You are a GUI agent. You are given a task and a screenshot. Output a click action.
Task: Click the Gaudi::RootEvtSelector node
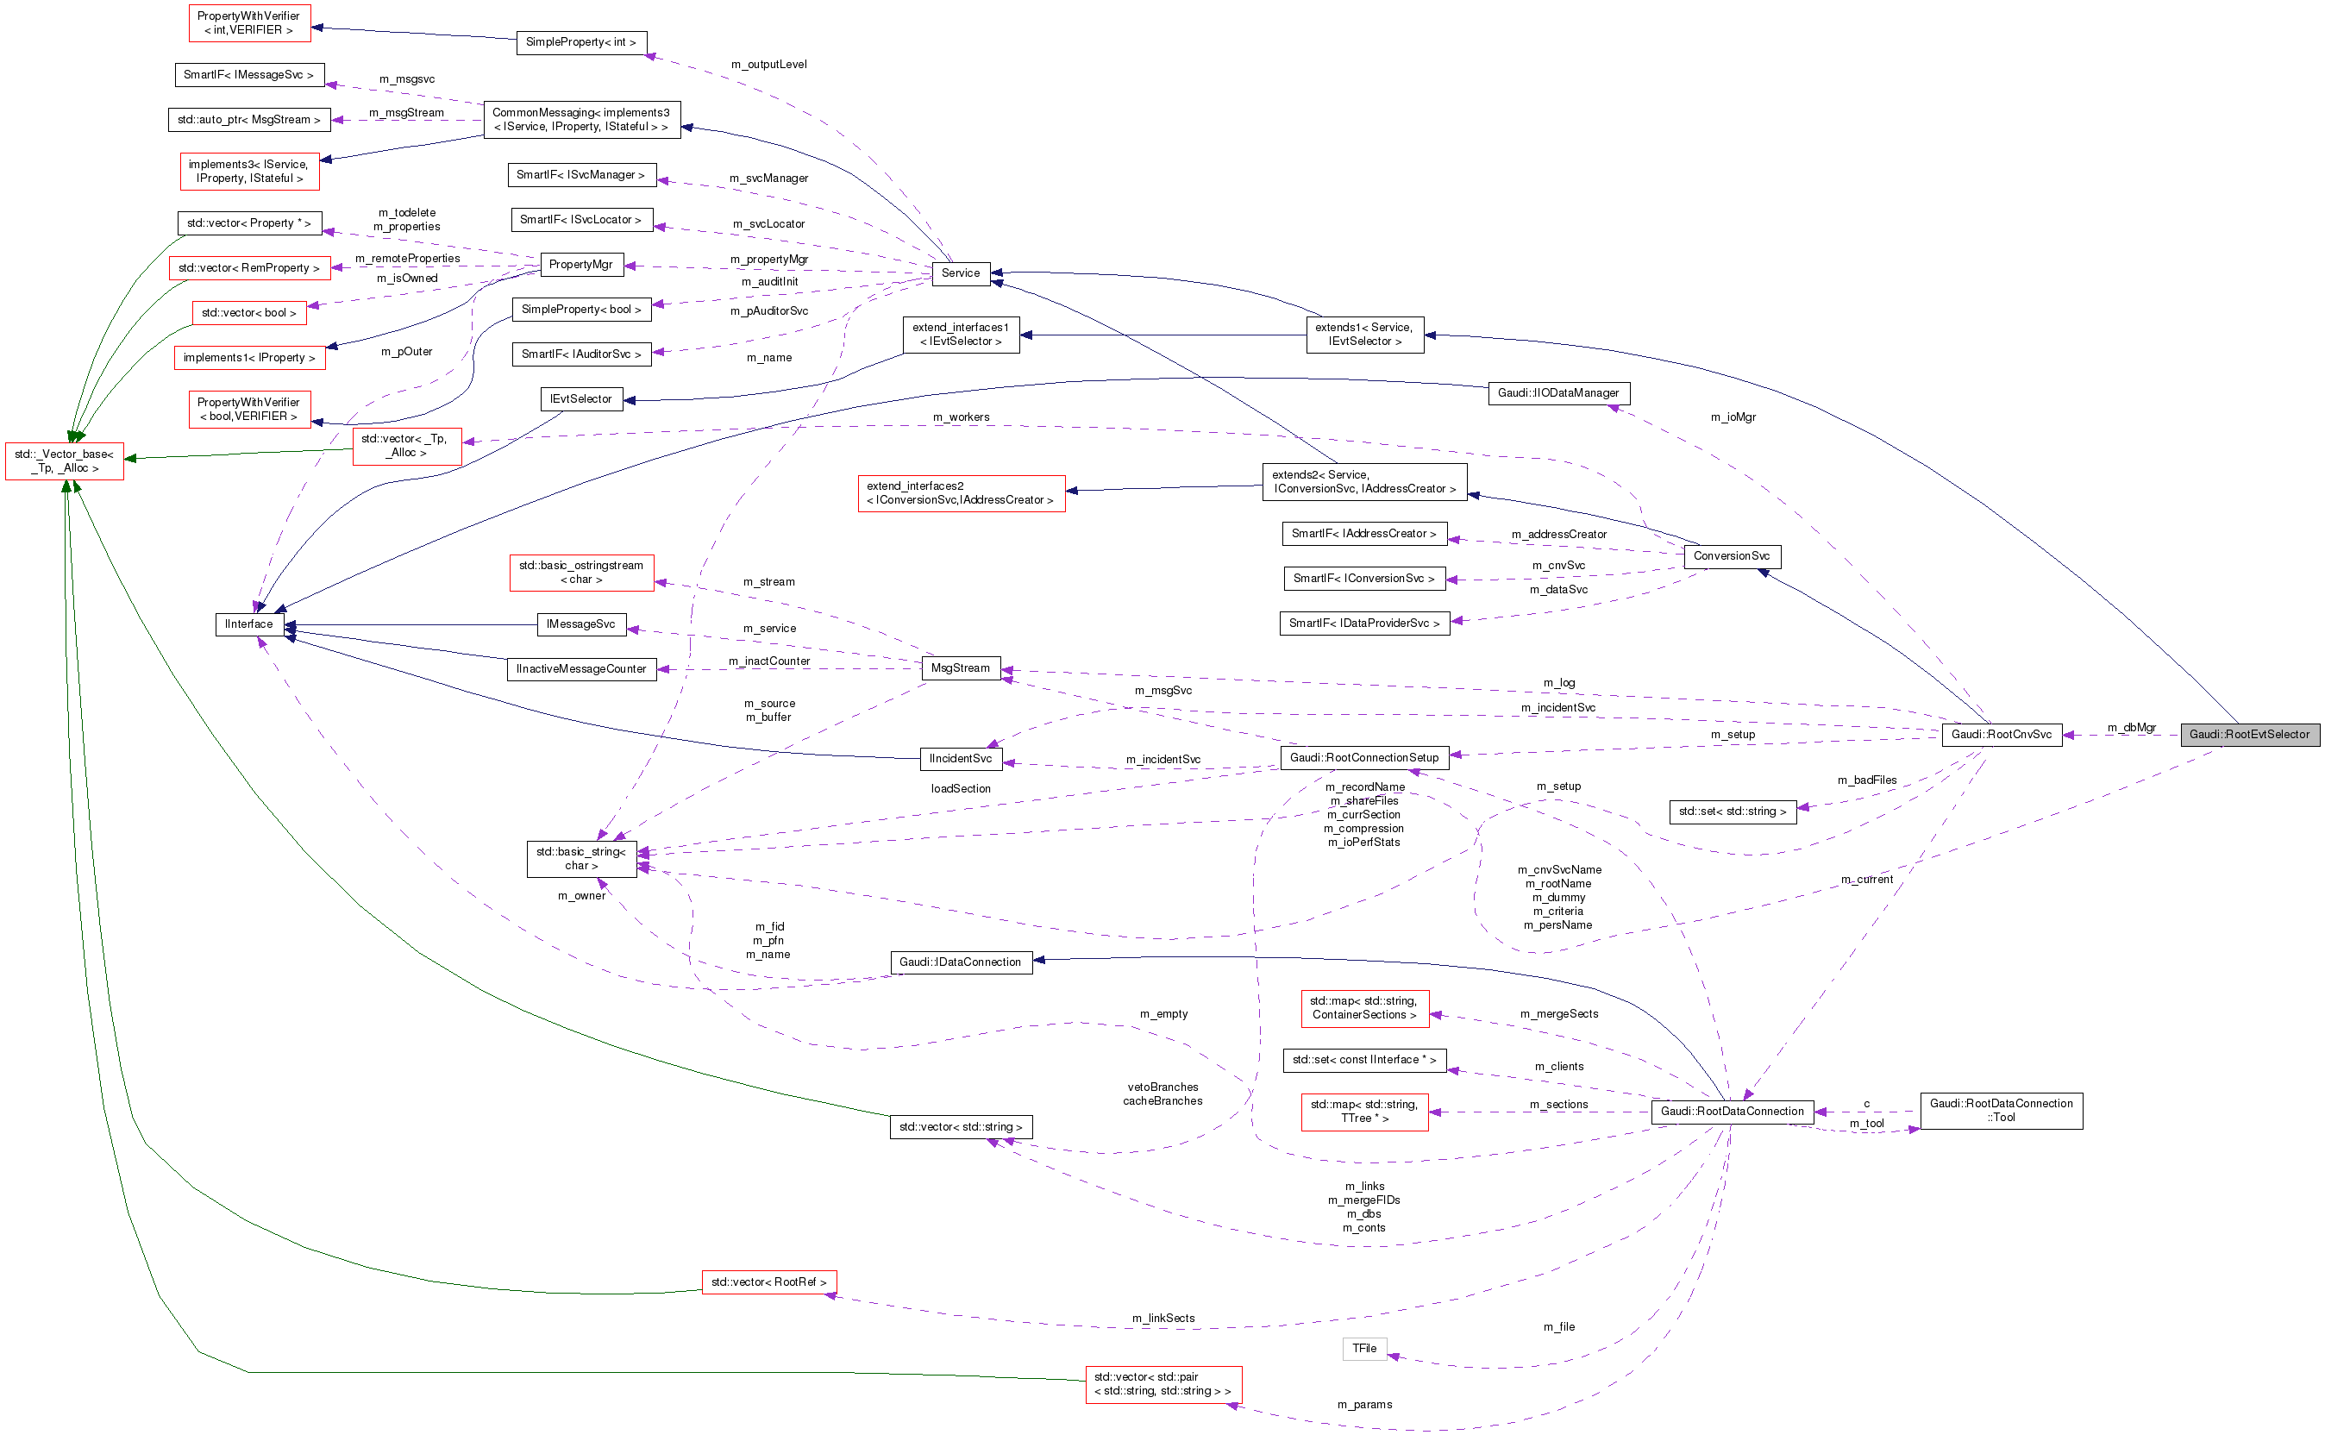click(2249, 735)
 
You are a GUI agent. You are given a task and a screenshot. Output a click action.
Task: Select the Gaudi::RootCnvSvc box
click(2001, 735)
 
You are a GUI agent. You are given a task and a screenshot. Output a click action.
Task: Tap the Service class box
click(961, 273)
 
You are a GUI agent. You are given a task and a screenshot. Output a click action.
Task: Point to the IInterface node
click(248, 624)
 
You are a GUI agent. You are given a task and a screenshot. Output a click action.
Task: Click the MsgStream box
click(960, 668)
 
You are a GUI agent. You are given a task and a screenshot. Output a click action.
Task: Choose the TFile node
click(1363, 1349)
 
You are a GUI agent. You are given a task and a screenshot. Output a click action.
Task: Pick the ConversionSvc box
click(1731, 556)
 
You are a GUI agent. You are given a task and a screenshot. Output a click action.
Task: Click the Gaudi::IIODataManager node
click(1557, 393)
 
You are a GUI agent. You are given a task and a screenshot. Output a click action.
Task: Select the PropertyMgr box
click(580, 265)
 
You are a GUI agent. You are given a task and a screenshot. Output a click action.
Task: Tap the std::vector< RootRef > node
click(768, 1282)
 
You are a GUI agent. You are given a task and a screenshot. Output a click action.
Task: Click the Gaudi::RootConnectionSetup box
click(1363, 757)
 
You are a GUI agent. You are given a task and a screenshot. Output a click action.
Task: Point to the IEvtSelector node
click(580, 399)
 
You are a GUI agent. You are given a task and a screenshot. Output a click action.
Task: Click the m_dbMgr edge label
click(2132, 728)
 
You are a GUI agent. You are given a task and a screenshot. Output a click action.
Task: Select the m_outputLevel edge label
click(768, 65)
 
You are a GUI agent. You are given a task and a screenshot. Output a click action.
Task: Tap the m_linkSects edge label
click(1162, 1319)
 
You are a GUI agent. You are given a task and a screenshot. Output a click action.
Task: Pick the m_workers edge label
click(961, 417)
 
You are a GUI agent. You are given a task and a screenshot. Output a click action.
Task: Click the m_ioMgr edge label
click(1733, 417)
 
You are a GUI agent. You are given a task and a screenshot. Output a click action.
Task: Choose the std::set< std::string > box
click(1732, 811)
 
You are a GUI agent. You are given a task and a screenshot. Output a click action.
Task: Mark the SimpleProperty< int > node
click(580, 43)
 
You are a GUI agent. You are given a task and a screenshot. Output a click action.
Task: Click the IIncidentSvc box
click(961, 758)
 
